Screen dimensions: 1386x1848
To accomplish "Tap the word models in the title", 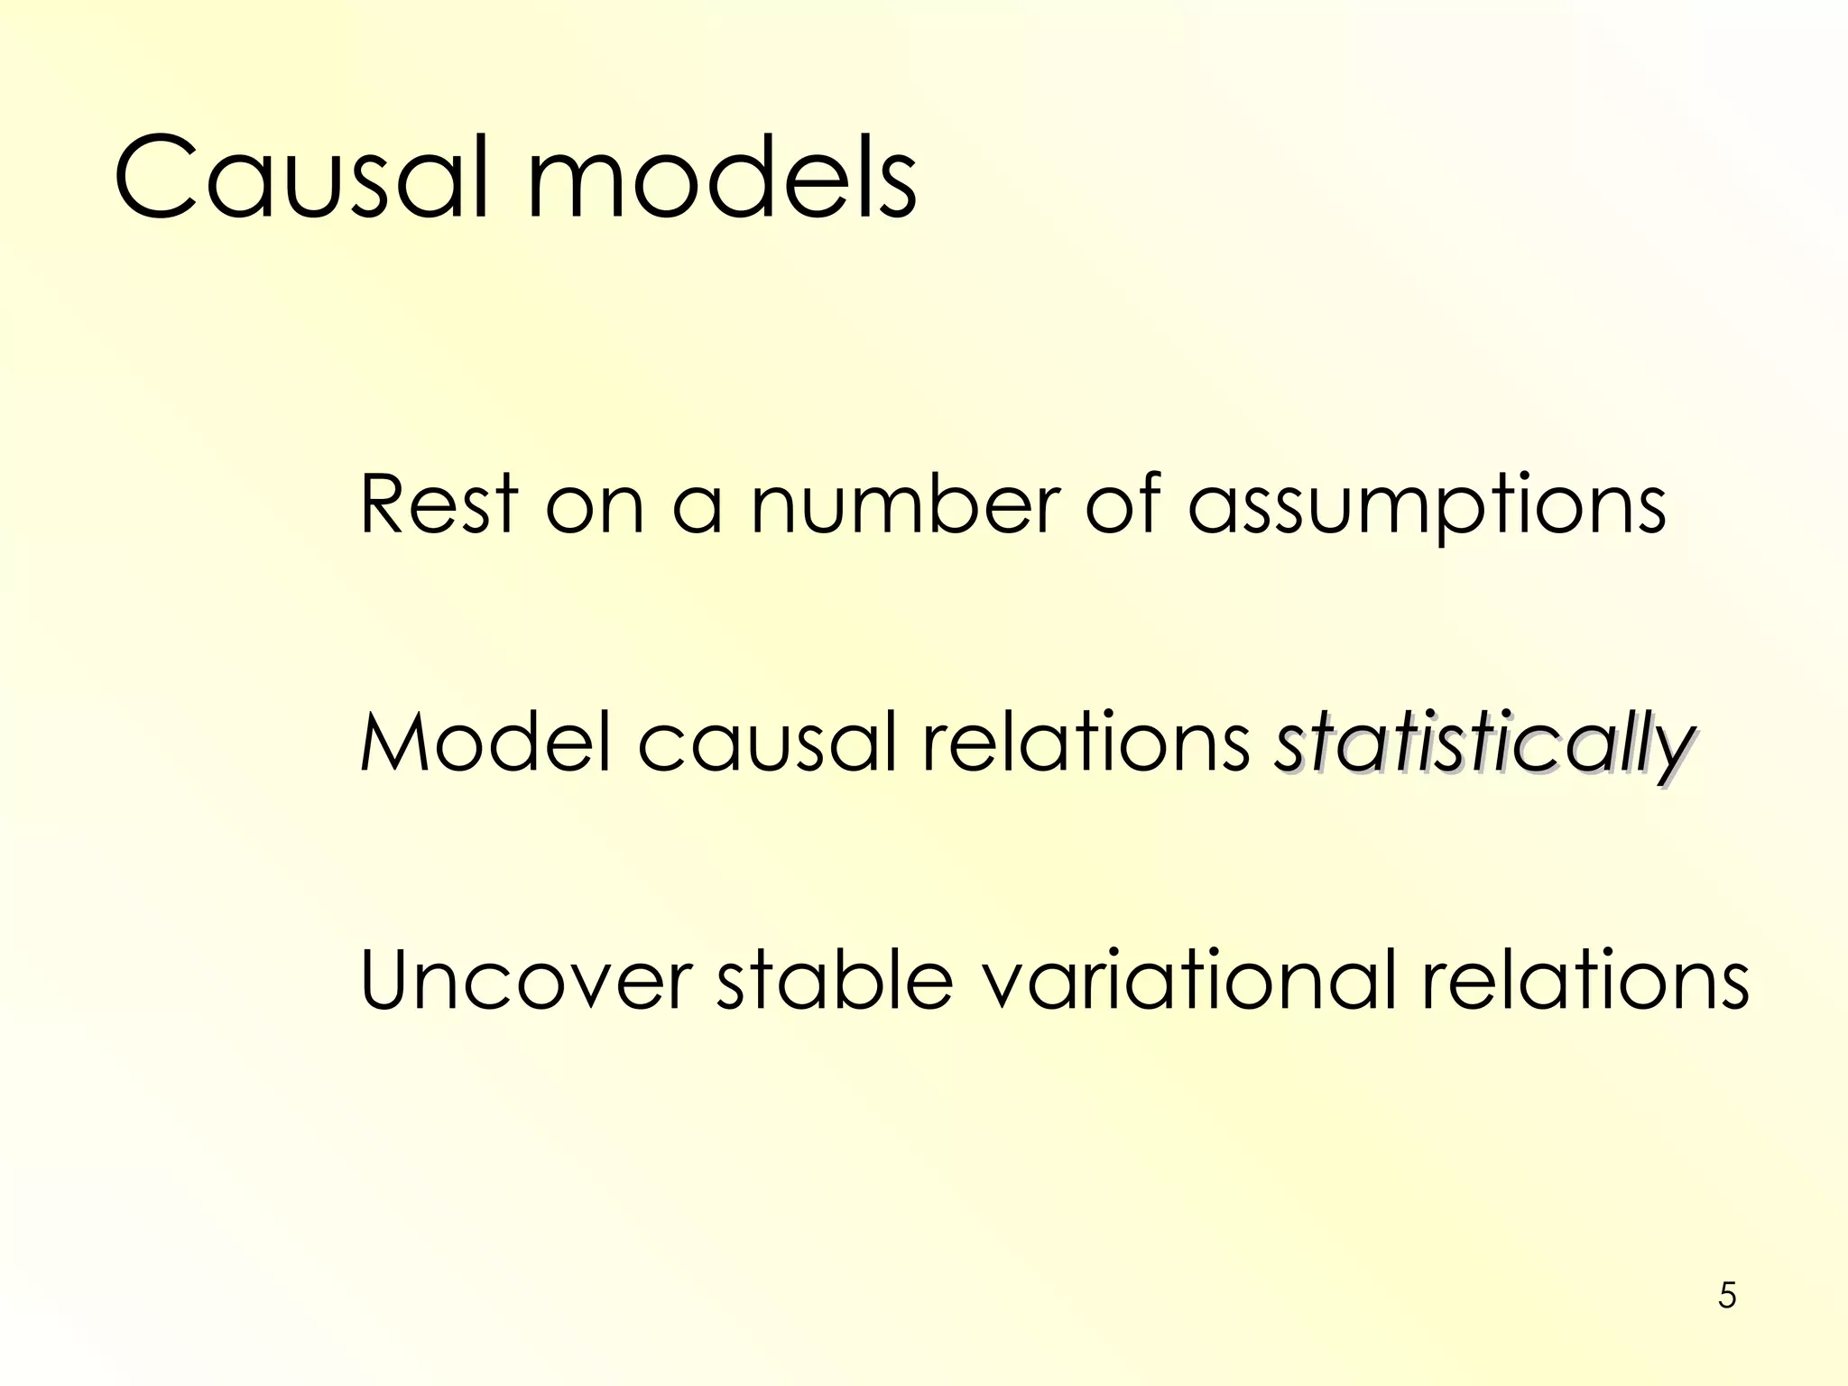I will click(722, 177).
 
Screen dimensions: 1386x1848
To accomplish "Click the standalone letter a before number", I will click(698, 507).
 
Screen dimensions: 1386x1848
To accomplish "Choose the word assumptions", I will click(1427, 507).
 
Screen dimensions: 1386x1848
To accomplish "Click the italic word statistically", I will click(1483, 745).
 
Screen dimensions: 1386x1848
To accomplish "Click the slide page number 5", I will click(1727, 1295).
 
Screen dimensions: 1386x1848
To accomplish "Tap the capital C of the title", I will click(155, 177).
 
